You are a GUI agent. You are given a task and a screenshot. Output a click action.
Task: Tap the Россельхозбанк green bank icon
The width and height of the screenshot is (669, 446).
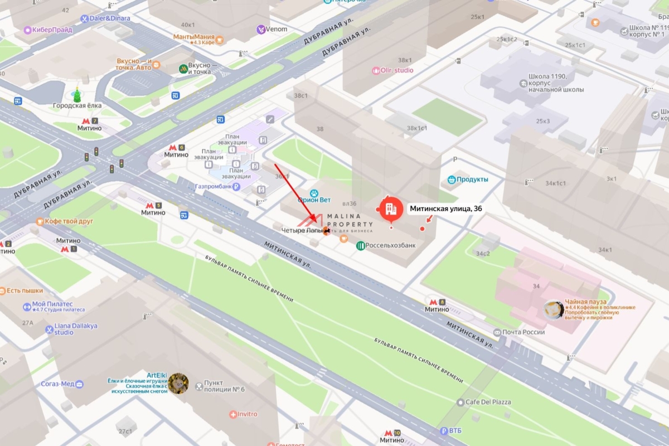pyautogui.click(x=361, y=245)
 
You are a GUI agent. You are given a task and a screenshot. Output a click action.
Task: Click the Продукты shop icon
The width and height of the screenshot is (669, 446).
pyautogui.click(x=451, y=180)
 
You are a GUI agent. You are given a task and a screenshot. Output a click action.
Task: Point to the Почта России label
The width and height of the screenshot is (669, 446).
pyautogui.click(x=522, y=332)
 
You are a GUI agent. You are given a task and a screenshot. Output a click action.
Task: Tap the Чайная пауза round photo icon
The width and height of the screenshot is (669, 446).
pyautogui.click(x=554, y=310)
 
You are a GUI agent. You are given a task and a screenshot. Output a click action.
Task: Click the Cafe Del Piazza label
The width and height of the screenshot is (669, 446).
pyautogui.click(x=488, y=402)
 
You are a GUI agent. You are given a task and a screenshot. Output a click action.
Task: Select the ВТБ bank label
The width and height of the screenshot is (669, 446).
pyautogui.click(x=454, y=431)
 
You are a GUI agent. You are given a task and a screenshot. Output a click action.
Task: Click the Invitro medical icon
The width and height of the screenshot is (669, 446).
pyautogui.click(x=233, y=414)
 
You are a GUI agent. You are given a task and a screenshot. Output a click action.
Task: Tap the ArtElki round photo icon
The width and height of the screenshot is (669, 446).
pyautogui.click(x=178, y=383)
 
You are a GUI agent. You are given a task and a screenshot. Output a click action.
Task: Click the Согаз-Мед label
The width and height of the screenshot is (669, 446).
pyautogui.click(x=57, y=384)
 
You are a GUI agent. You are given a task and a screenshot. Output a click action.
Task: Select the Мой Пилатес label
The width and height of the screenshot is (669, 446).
pyautogui.click(x=52, y=304)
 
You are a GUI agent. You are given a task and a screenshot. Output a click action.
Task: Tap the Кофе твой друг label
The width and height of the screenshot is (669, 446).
pyautogui.click(x=68, y=221)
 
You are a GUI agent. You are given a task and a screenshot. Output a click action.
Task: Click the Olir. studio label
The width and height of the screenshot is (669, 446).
pyautogui.click(x=397, y=70)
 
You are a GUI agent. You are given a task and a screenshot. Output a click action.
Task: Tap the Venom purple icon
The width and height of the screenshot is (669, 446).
pyautogui.click(x=260, y=29)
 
